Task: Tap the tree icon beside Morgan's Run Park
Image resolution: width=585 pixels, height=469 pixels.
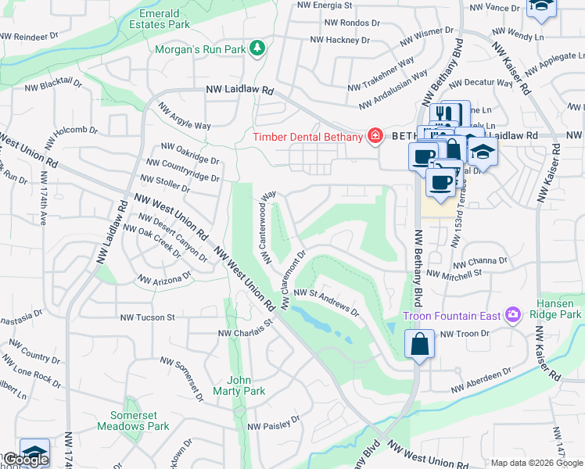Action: pos(257,48)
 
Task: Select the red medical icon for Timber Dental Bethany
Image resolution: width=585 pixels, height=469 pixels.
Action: pos(375,137)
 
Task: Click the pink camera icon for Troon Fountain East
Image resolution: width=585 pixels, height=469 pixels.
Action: pos(513,316)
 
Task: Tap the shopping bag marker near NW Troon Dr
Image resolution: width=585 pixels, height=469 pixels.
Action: pos(420,345)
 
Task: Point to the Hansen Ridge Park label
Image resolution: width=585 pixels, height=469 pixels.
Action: pos(559,309)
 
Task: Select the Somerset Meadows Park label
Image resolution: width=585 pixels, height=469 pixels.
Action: pos(133,421)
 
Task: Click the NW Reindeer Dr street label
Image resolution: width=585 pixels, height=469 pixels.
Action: pos(29,37)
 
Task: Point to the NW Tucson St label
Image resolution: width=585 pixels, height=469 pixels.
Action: pos(147,317)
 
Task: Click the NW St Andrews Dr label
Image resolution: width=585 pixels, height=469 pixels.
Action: pos(327,302)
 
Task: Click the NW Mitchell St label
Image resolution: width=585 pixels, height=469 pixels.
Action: pos(454,274)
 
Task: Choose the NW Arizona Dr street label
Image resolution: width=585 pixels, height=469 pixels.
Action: pos(165,277)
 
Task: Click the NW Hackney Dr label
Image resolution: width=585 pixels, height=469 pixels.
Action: pos(339,39)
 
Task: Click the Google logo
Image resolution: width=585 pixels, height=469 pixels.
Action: pos(25,460)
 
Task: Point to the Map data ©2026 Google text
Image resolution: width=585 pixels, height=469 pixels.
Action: pos(537,463)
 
